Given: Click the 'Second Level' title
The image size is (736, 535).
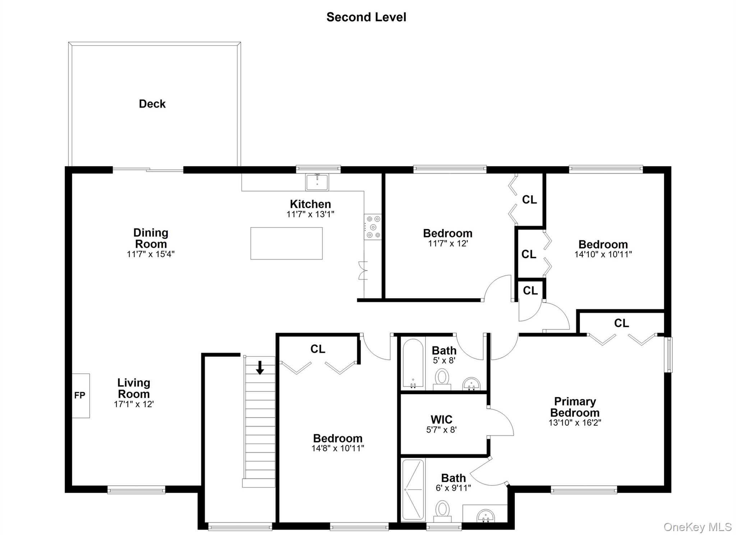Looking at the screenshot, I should click(366, 17).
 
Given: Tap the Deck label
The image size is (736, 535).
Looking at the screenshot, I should click(152, 104).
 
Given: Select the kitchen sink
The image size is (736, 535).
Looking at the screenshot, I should click(317, 182).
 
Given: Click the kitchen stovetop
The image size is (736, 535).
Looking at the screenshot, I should click(373, 227).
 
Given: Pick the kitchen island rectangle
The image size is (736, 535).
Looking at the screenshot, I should click(286, 243).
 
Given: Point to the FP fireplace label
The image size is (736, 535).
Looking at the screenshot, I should click(80, 396).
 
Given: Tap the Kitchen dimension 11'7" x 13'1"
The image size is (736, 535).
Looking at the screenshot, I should click(310, 215).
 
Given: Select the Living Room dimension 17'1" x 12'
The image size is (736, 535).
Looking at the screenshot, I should click(134, 404).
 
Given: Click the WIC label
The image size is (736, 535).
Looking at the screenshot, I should click(441, 419).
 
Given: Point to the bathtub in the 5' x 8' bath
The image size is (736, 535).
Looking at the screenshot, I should click(413, 364).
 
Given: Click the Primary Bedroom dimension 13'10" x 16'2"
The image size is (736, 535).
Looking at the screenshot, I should click(575, 423).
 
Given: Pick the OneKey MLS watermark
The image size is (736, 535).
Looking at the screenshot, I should click(697, 527).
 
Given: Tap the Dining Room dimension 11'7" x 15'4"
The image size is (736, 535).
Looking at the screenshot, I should click(151, 254).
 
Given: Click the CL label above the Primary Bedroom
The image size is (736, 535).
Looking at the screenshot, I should click(621, 323).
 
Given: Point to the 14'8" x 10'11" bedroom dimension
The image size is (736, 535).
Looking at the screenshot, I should click(337, 448).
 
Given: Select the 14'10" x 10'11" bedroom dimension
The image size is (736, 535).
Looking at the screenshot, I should click(603, 254).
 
